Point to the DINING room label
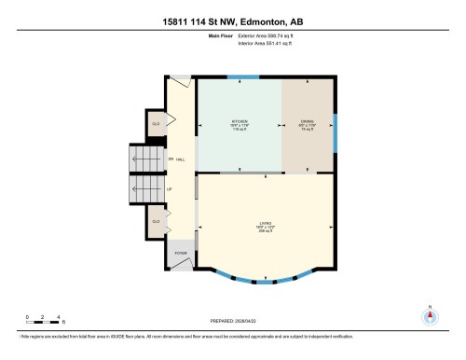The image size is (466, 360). pos(307,121)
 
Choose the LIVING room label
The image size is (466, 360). pos(266,222)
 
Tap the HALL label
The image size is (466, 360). pos(180,159)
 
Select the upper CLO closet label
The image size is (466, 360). pos(157,122)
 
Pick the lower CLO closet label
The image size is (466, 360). pos(157,221)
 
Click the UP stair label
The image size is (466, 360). pos(169,189)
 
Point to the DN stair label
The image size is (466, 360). pos(171,159)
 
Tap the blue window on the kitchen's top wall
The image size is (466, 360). pos(244,78)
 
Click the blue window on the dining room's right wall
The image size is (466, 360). pos(335,131)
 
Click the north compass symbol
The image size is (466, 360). pos(430,314)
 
